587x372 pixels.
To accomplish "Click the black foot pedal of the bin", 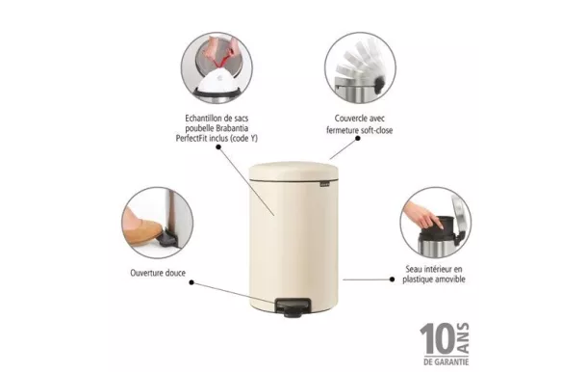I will click(x=289, y=306).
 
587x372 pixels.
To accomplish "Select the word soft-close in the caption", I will click(x=372, y=130).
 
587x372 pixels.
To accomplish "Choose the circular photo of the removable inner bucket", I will click(x=435, y=224).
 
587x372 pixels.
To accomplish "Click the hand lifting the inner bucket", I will click(x=418, y=212).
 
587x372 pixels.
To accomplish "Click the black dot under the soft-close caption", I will click(x=357, y=139).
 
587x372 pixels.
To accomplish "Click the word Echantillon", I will click(x=206, y=118).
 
